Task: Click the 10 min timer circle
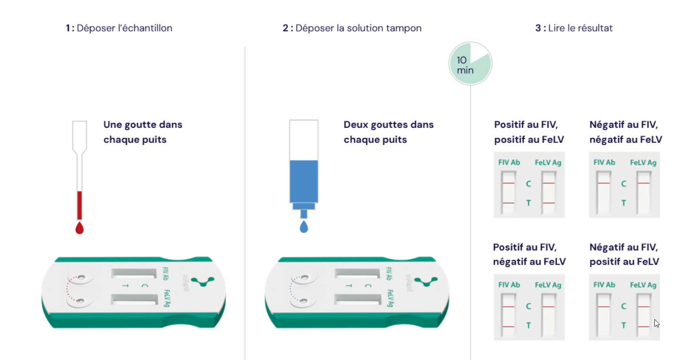470,63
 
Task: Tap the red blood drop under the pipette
79,228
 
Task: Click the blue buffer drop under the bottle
304,226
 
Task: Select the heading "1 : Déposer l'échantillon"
119,28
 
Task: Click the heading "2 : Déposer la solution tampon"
352,28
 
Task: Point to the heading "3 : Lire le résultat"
574,28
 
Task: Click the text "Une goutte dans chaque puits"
143,132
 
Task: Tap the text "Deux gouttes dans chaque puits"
389,132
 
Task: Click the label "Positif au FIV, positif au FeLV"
529,132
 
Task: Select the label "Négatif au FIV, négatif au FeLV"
626,132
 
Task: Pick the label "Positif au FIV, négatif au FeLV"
529,254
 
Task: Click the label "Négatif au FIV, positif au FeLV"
624,254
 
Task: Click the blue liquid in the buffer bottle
304,181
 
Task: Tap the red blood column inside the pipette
79,205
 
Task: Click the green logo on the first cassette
203,281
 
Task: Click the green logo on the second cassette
426,281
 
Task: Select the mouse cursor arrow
657,324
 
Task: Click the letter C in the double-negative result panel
624,184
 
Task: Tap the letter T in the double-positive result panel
529,203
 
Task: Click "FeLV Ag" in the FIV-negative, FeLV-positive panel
643,285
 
